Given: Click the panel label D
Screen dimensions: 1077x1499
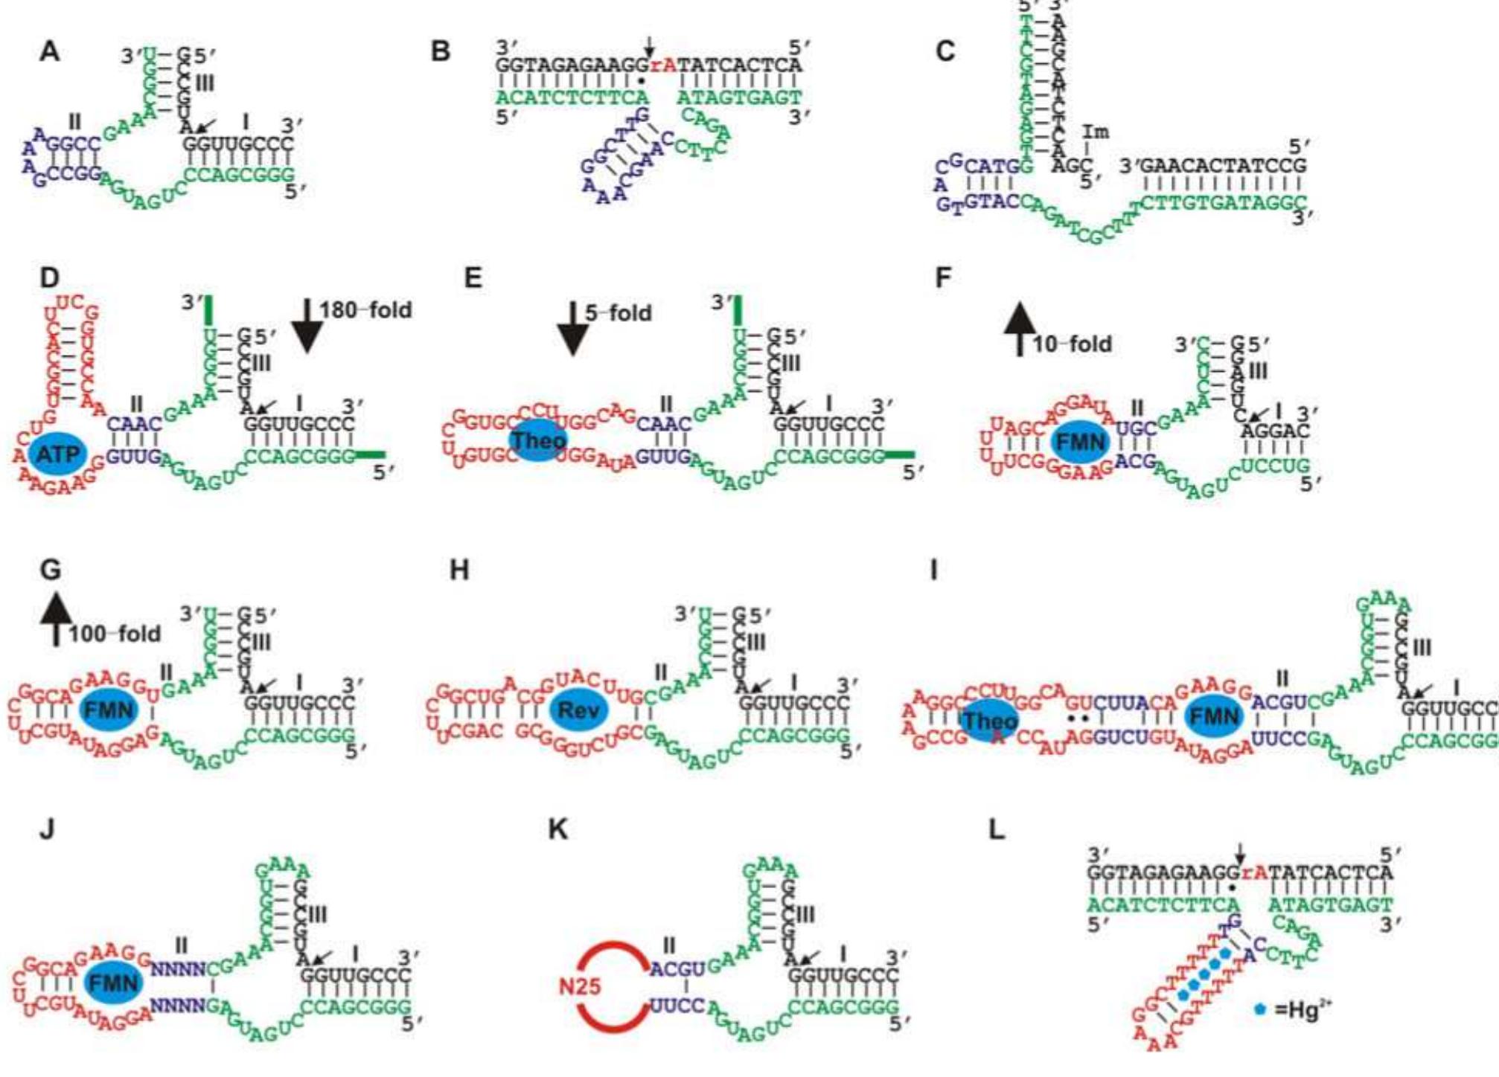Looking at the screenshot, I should (49, 278).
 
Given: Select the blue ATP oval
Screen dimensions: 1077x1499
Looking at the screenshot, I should (58, 453).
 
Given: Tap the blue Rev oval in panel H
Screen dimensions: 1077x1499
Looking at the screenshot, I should (578, 710).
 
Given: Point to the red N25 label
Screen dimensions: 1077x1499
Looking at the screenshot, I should (580, 987).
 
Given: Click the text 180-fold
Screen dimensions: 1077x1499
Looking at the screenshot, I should (365, 310).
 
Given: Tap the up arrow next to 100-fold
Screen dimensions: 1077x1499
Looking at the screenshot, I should (56, 619).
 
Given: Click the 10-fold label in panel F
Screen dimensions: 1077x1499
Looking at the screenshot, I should (1072, 344).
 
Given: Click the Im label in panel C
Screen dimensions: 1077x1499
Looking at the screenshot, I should (1095, 132).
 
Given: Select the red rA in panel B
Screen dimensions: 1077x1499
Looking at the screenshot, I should (663, 65).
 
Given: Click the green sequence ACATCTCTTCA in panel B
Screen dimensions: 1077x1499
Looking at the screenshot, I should (572, 97).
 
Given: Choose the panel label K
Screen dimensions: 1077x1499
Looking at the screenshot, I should (558, 829).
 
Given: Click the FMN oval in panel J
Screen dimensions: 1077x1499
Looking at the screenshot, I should (113, 983).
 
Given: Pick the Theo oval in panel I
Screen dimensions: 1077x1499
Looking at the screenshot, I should (990, 720).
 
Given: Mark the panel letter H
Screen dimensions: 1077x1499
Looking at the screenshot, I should (459, 570).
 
